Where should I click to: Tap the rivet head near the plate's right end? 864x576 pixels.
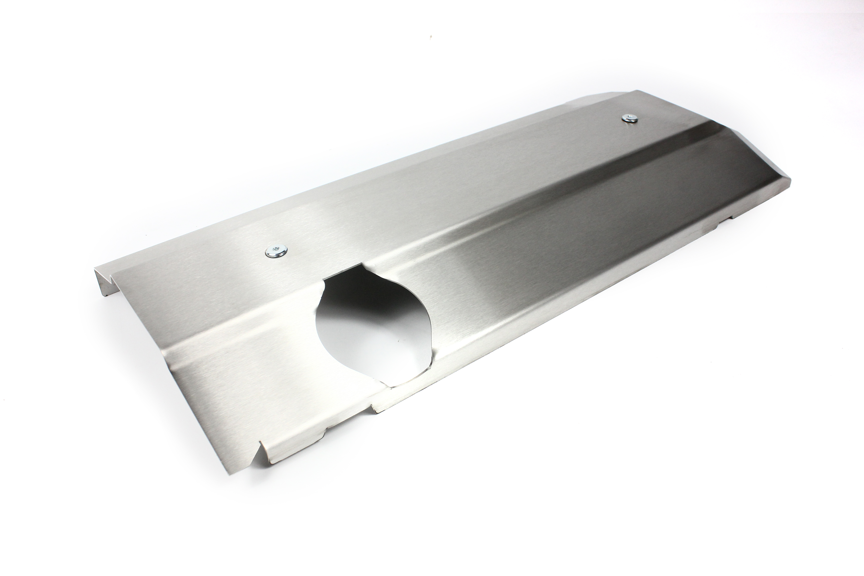[628, 118]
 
